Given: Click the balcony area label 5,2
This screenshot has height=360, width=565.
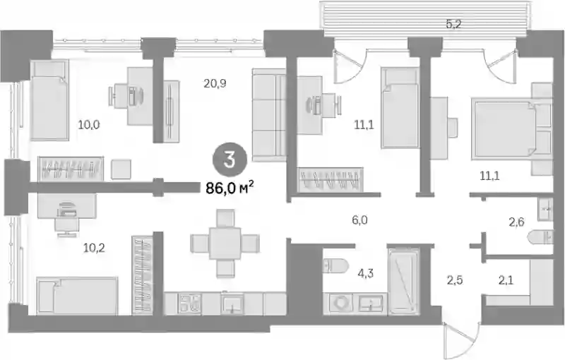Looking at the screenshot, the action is [x=453, y=25].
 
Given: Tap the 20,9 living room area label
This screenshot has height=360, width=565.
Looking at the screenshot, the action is [x=215, y=83].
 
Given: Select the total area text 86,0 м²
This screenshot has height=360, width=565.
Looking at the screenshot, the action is [x=230, y=187].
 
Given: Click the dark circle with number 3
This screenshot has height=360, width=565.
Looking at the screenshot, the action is [x=230, y=160].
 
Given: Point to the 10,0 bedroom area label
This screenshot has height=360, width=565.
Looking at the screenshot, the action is [x=89, y=125].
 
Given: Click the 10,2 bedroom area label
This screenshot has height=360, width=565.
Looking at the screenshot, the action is [x=94, y=248].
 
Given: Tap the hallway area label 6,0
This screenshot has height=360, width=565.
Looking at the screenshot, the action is [x=360, y=220].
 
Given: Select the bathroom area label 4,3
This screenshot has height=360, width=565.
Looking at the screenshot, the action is [x=366, y=274].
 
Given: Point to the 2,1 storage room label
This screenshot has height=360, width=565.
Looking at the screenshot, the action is [x=506, y=280].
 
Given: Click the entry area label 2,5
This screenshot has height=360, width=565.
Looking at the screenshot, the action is [x=455, y=280].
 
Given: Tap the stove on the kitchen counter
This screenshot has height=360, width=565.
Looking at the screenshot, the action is [x=190, y=304].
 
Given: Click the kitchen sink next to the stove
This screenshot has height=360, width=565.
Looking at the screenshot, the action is [x=232, y=304].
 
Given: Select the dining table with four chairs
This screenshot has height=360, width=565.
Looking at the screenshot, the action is [x=225, y=244].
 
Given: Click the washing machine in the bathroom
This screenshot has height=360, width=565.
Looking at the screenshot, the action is [x=341, y=303].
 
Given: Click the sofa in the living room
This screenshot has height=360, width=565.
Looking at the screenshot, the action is [x=269, y=114].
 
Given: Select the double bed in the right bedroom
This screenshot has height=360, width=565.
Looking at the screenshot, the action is [x=511, y=129].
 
